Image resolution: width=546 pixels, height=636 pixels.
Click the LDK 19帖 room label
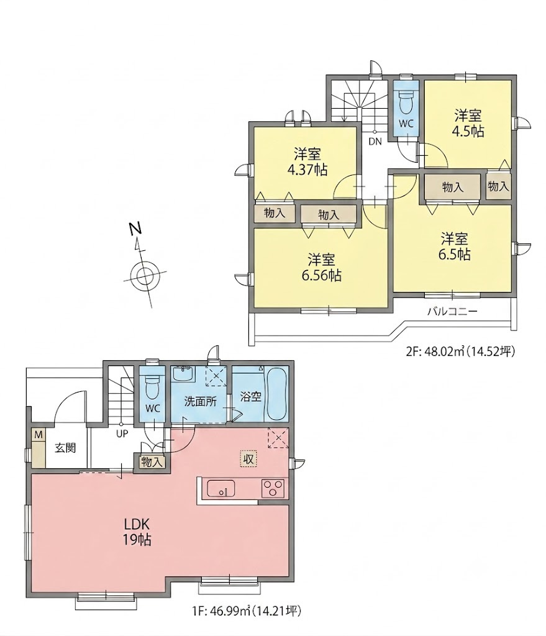(137, 532)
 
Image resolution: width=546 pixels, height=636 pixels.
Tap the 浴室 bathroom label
(250, 396)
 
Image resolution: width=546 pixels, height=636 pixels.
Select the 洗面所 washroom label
(201, 402)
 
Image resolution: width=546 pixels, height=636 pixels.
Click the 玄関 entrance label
(65, 448)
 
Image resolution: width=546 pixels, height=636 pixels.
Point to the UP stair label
(122, 434)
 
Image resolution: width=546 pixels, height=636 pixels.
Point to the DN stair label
(375, 142)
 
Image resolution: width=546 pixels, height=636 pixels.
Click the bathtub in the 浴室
(276, 394)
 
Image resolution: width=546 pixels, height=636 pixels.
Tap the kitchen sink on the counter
(221, 488)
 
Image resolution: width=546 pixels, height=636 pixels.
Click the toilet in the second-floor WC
(406, 101)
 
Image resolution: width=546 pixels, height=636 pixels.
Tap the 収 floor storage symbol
(248, 459)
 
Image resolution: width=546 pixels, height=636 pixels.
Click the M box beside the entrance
(39, 435)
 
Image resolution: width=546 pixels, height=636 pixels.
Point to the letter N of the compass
(135, 229)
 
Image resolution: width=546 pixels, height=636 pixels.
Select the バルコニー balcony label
(452, 312)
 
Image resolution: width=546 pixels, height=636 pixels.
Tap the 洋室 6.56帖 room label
(321, 267)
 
